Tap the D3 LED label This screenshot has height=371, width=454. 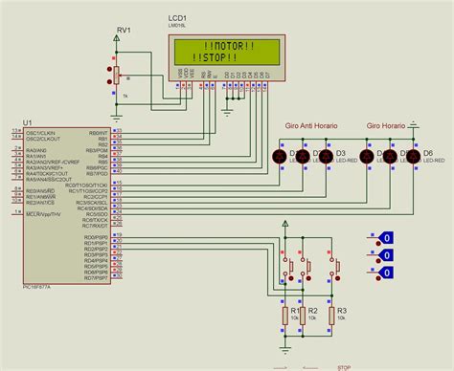(x=338, y=153)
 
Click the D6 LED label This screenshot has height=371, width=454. (x=428, y=153)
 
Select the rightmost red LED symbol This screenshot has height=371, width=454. (x=414, y=157)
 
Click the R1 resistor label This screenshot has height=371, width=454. (x=296, y=311)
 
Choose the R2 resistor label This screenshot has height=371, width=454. (x=312, y=311)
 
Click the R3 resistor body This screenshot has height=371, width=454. (x=331, y=316)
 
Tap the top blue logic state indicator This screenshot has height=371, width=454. (x=386, y=238)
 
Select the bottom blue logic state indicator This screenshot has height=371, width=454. (x=386, y=273)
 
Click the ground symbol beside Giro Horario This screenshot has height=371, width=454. (x=414, y=122)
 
